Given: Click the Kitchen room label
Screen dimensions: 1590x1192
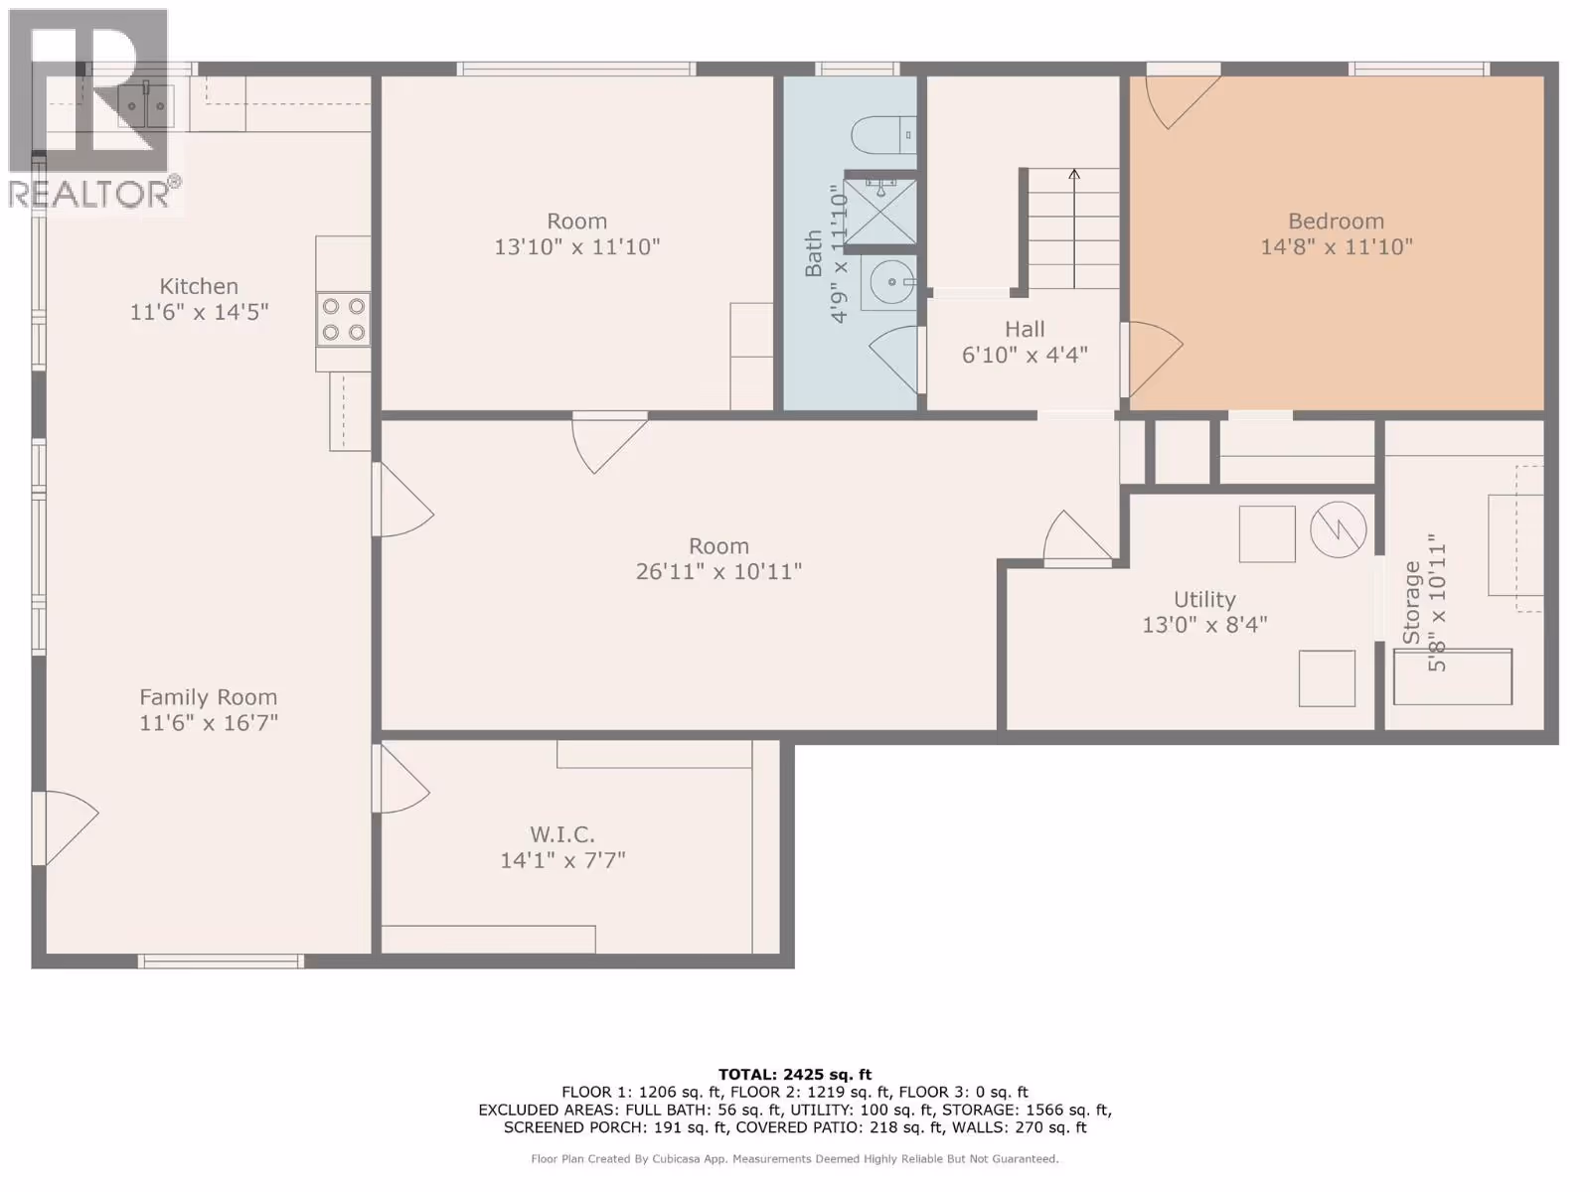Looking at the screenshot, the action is point(199,287).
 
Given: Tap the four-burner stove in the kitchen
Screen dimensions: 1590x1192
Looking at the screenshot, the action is point(344,319).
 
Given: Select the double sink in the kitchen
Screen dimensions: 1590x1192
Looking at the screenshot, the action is point(146,105).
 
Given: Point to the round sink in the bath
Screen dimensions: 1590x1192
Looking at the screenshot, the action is point(889,283).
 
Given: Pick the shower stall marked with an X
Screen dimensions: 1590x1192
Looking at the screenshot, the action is point(880,212).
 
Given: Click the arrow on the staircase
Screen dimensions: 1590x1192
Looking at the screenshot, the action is point(1074,228).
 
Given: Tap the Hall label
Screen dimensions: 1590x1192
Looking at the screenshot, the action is point(1025,330).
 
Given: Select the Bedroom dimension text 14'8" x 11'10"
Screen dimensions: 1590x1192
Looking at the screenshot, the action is point(1337,246).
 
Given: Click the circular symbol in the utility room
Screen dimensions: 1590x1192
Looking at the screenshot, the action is point(1338,529).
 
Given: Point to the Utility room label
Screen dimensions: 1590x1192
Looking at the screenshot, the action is point(1204,599).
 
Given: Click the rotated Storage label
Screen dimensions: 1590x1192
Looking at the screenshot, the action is point(1411,602).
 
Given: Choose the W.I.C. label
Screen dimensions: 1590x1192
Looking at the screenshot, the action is point(562,834).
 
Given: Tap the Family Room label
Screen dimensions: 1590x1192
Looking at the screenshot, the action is point(209,697).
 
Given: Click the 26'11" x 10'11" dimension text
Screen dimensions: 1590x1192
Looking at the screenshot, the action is point(718,572).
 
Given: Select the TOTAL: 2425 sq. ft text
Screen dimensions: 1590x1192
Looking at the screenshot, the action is point(795,1075).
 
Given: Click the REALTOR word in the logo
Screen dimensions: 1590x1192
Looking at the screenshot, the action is point(89,194).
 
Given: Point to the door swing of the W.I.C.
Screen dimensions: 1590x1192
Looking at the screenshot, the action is point(402,779).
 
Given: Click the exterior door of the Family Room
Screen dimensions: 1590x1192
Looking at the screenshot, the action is point(66,828).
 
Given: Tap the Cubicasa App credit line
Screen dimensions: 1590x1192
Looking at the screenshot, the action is point(795,1158).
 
